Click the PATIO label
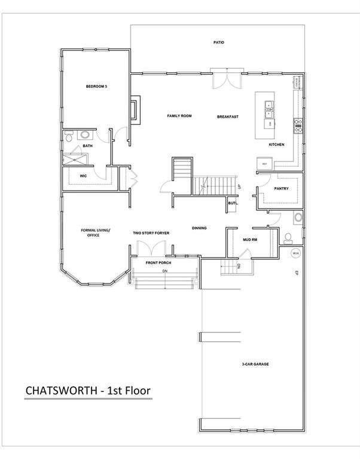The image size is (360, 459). point(219,42)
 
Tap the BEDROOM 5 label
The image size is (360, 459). point(96,87)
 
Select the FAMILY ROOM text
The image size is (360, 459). point(179,116)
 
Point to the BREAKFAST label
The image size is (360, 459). point(228,117)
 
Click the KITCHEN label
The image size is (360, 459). point(276,145)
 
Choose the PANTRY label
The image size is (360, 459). point(281,189)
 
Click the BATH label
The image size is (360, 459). point(88,146)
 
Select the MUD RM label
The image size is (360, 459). point(250,240)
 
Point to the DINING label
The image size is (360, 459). point(200,228)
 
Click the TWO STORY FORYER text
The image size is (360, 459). point(152,232)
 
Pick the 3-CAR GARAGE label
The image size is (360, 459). point(251,364)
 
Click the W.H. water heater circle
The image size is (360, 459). point(295,253)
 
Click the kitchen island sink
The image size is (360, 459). point(269,107)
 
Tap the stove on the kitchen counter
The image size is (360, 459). point(297,125)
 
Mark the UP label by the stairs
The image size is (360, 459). point(239,187)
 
